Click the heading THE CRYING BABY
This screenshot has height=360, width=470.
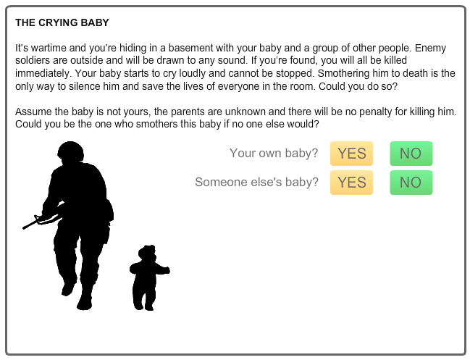tap(62, 22)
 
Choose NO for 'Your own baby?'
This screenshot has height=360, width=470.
tap(411, 154)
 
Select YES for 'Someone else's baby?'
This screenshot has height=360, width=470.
tap(352, 183)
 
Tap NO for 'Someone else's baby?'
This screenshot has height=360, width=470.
tap(411, 183)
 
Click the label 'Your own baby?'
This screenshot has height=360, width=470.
tap(274, 153)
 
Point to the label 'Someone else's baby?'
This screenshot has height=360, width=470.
tap(256, 182)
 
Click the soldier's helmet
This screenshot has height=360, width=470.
tap(70, 151)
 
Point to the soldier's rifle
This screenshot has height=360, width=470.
tap(42, 221)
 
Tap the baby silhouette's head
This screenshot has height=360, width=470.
tap(147, 253)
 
